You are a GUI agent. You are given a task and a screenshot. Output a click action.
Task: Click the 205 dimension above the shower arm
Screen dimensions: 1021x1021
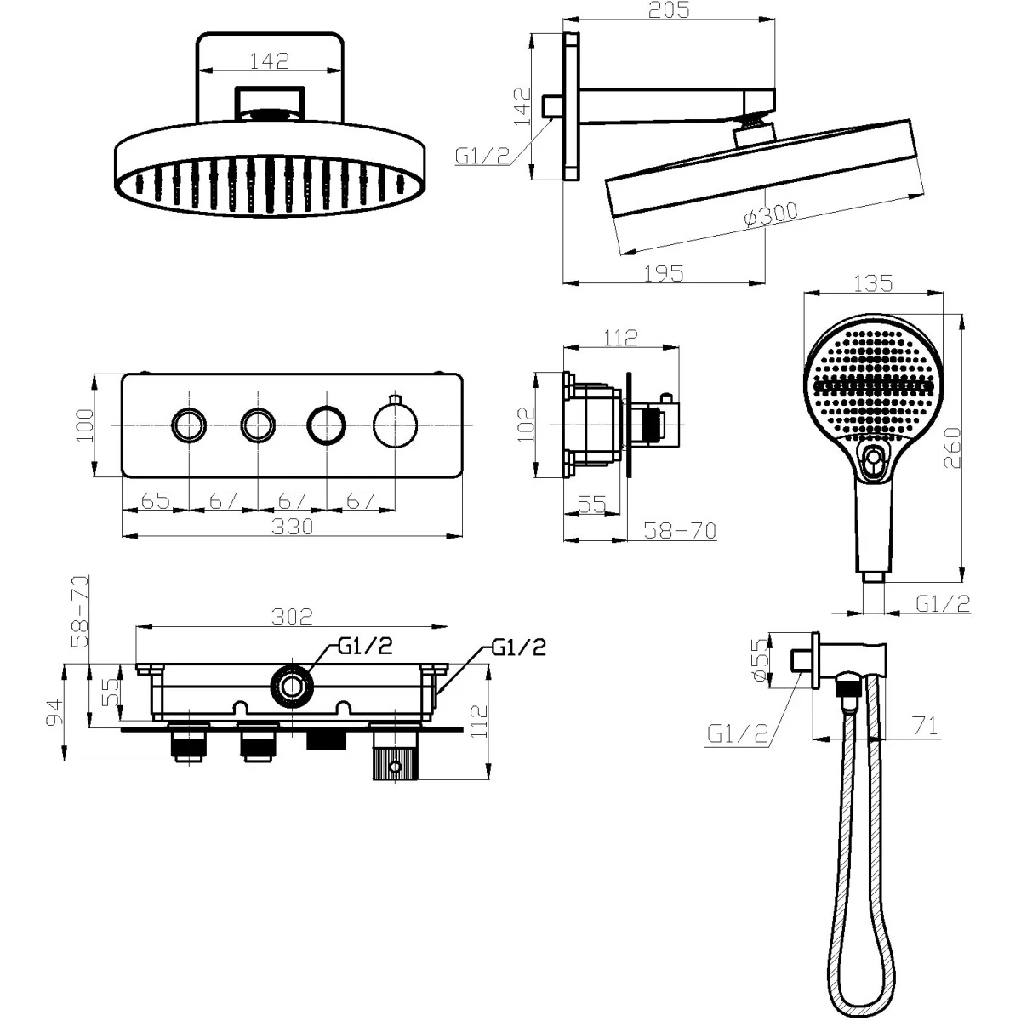tap(670, 9)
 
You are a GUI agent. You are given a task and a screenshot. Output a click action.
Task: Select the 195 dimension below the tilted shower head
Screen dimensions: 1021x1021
tap(664, 274)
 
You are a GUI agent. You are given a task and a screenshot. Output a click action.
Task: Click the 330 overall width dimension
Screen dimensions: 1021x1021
tap(292, 527)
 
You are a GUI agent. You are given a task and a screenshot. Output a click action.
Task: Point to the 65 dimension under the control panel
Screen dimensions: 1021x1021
tap(156, 500)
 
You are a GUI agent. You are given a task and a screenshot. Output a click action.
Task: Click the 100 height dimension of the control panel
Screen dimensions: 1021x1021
tap(85, 425)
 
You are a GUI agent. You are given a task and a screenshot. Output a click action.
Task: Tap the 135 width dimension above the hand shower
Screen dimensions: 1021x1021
tap(873, 283)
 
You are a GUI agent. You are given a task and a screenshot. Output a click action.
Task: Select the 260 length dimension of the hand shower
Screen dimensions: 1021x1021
tap(952, 448)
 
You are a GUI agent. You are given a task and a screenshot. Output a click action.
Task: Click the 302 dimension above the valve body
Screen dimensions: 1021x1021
tap(292, 616)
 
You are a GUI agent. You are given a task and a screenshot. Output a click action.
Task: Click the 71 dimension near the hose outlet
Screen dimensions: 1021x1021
tap(925, 726)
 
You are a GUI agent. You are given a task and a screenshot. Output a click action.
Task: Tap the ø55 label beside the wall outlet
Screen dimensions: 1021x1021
tap(760, 660)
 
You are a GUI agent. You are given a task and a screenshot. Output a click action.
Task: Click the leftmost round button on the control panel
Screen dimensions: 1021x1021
tap(189, 425)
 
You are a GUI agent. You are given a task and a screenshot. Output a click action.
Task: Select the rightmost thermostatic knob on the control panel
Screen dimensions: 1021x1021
tap(396, 425)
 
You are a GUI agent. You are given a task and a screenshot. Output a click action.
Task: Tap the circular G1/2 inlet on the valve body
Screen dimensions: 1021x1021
tap(291, 687)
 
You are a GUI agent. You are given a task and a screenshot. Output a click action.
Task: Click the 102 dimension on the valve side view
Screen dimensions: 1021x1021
tap(526, 425)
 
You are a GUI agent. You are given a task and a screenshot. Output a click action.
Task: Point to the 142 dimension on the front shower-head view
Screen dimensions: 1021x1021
tap(270, 61)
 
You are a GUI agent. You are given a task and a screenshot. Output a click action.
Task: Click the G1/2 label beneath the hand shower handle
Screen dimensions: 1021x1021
tap(943, 603)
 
